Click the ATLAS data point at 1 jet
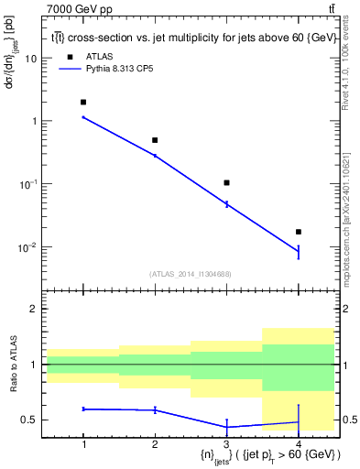tap(83, 102)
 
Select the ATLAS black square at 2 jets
tap(155, 140)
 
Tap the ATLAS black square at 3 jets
tap(226, 183)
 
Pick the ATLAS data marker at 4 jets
tap(298, 232)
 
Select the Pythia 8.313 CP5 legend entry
tap(120, 69)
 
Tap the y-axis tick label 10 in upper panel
tap(31, 58)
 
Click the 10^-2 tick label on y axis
tap(27, 247)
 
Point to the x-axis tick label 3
tap(226, 444)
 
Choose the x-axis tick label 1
tap(83, 444)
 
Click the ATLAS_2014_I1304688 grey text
tap(191, 273)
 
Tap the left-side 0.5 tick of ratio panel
tap(32, 420)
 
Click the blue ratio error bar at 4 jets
tap(298, 421)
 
